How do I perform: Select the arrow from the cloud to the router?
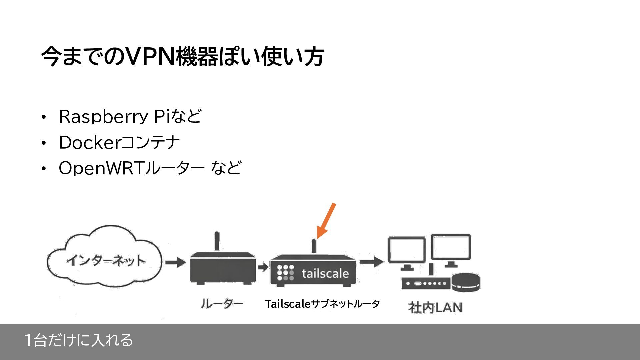click(175, 262)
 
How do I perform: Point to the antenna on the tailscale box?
click(314, 246)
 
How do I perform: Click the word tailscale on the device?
click(325, 274)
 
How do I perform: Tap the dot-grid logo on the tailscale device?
click(285, 273)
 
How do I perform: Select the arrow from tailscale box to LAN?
click(371, 262)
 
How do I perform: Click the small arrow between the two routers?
click(263, 267)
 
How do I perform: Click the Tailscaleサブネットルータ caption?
click(322, 304)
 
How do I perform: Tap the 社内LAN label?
click(435, 307)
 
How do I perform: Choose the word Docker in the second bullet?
click(89, 143)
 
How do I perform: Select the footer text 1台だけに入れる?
click(79, 340)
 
